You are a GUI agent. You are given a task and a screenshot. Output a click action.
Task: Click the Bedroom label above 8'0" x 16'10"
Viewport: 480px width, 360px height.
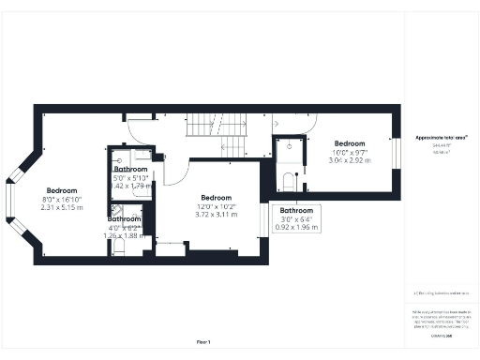point(62,190)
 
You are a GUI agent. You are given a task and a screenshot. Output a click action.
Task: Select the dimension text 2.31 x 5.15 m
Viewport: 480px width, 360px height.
point(62,207)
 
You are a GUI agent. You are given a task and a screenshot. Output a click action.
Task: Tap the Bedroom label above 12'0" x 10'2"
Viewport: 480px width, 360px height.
point(215,197)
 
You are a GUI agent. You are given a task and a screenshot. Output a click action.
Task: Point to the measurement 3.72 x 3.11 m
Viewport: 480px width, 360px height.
point(215,215)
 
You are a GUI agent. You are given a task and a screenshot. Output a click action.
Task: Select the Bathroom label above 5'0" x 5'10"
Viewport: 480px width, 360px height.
point(130,169)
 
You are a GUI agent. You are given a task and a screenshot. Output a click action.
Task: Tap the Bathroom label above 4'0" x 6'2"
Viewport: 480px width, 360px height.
point(124,218)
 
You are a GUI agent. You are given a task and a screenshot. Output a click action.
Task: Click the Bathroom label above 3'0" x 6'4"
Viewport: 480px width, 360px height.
point(296,211)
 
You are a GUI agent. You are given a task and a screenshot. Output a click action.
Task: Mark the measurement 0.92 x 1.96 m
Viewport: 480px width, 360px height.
point(296,227)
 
